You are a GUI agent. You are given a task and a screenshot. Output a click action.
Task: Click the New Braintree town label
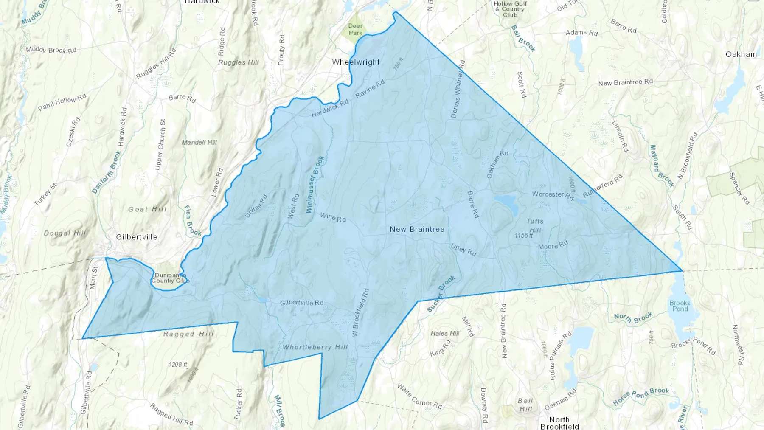click(417, 229)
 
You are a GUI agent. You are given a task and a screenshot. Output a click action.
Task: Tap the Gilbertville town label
click(137, 237)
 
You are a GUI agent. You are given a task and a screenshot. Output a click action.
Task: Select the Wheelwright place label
click(356, 62)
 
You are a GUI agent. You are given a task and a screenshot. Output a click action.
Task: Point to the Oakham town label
click(741, 54)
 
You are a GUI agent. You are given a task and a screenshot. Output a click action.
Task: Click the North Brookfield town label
click(559, 423)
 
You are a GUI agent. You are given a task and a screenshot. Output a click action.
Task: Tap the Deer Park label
click(355, 29)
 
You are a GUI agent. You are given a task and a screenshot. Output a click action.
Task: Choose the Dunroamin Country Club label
click(170, 278)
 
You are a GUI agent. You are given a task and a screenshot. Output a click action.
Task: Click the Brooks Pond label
click(680, 306)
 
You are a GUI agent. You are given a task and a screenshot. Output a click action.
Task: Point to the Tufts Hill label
click(535, 225)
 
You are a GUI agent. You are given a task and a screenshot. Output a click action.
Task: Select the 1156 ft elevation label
click(523, 236)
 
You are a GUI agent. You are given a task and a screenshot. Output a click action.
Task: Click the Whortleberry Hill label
click(315, 347)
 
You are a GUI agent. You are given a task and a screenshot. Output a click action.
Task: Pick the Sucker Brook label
click(441, 294)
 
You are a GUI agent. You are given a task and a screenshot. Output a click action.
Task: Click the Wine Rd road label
click(333, 217)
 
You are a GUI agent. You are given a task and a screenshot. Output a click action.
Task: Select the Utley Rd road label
click(463, 250)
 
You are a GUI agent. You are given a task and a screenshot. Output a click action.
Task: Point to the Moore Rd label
click(553, 245)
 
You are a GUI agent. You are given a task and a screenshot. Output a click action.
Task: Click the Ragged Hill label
click(188, 334)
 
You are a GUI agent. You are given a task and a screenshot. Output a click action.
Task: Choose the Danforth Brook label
click(107, 172)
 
